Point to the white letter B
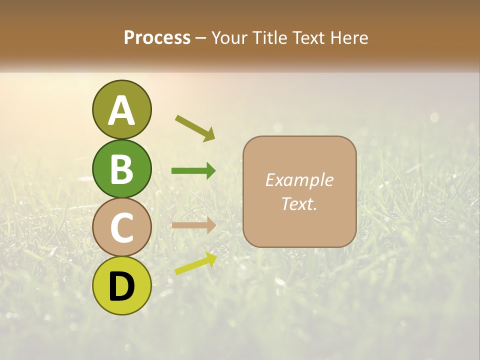click(121, 169)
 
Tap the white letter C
click(121, 227)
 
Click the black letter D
click(121, 286)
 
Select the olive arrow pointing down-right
click(195, 128)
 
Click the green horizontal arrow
click(193, 171)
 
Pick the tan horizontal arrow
click(193, 225)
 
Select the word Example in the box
click(299, 180)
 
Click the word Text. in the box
click(299, 203)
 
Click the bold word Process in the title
click(157, 38)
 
